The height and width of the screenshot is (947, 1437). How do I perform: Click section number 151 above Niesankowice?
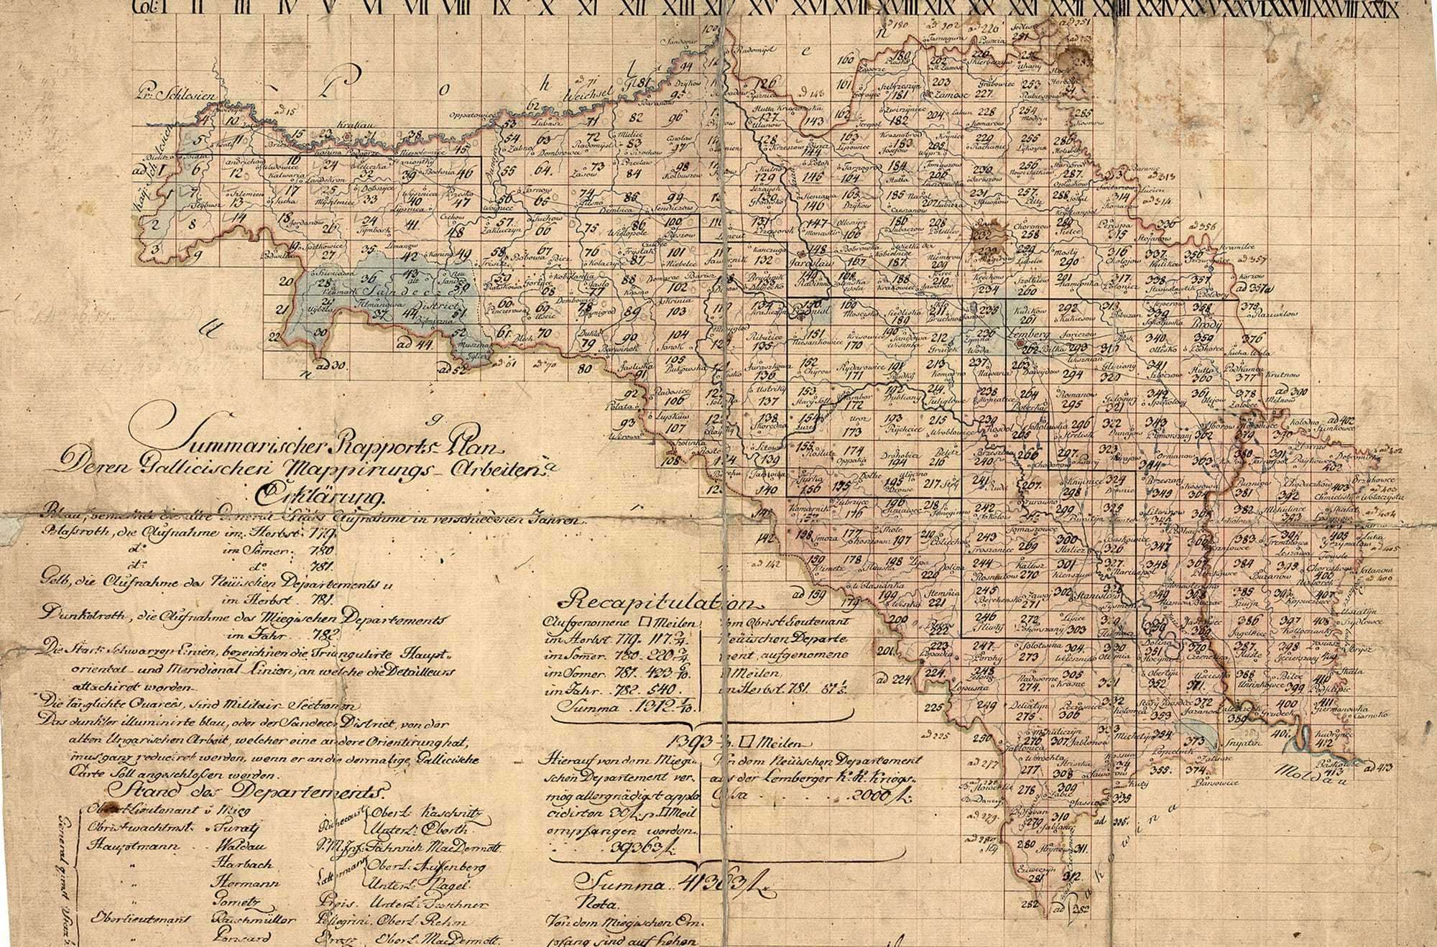813,335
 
